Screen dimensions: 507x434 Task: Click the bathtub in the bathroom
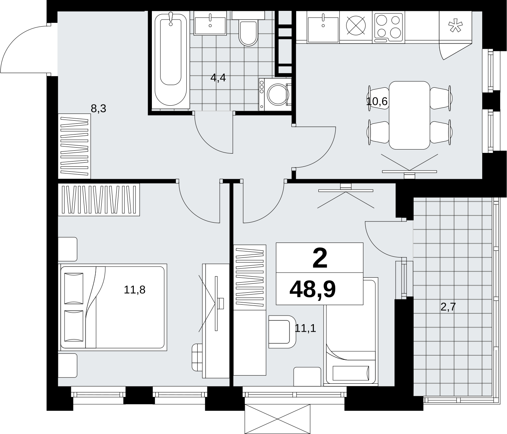click(x=171, y=60)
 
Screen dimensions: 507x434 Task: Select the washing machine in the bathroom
click(x=275, y=94)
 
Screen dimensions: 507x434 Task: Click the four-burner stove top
click(x=388, y=27)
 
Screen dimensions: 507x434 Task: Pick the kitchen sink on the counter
click(x=323, y=27)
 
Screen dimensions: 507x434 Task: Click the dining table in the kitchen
click(x=409, y=115)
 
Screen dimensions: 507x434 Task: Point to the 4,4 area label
click(x=218, y=78)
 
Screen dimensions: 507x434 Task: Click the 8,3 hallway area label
click(x=98, y=108)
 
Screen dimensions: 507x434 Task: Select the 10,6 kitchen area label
click(x=377, y=101)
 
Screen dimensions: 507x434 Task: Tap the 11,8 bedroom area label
click(x=135, y=290)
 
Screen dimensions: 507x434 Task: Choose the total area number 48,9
click(x=312, y=290)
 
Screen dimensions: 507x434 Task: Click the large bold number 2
click(x=320, y=259)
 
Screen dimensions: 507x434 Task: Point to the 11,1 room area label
click(x=305, y=328)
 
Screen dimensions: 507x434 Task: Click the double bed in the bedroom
click(x=112, y=307)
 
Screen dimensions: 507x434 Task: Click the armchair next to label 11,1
click(x=282, y=332)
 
